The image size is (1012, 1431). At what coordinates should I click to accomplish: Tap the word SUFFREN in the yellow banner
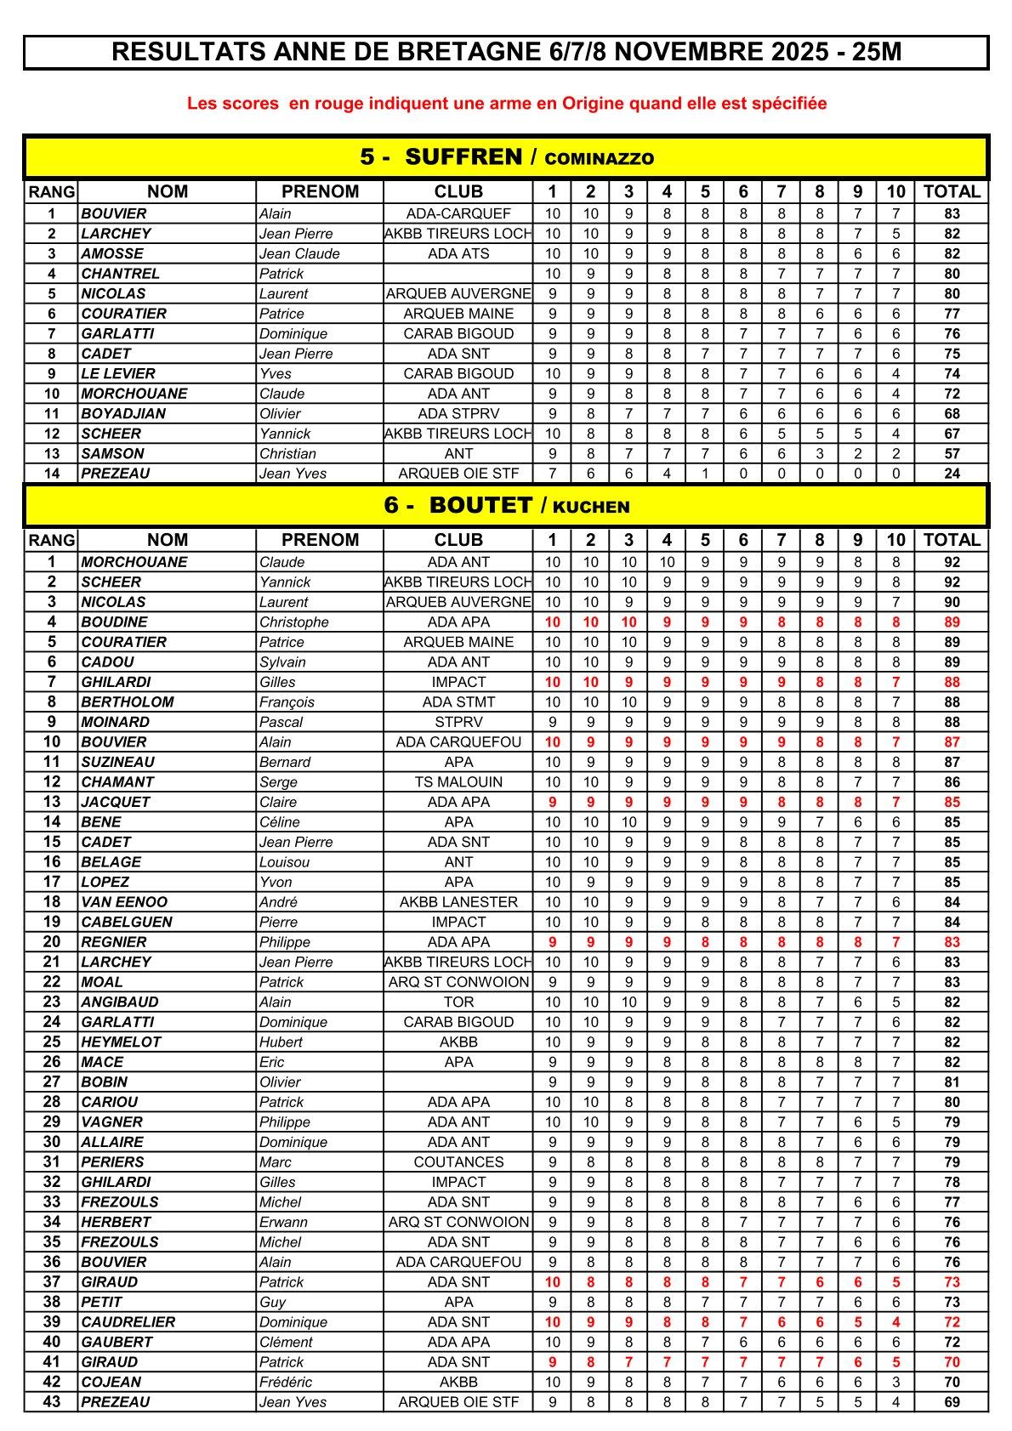point(463,157)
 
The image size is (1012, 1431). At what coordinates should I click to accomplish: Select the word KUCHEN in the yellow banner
point(591,507)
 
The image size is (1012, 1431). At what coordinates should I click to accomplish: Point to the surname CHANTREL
point(112,274)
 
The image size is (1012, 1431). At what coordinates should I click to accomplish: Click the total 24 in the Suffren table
point(952,474)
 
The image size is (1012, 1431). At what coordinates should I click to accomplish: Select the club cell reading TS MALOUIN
point(458,782)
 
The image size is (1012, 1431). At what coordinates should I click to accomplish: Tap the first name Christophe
point(293,622)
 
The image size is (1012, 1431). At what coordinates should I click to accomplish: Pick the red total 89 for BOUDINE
point(952,622)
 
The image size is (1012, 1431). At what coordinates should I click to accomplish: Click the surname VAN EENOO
point(124,902)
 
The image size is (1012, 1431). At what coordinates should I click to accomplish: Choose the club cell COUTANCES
point(458,1162)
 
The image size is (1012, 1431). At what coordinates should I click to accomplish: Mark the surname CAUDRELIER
point(128,1322)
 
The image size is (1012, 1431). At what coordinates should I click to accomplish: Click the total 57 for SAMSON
point(952,454)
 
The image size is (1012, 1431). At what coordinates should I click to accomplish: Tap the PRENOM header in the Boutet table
point(320,540)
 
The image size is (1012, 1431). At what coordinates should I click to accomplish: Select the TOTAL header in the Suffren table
point(952,192)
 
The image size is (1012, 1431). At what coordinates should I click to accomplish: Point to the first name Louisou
point(284,862)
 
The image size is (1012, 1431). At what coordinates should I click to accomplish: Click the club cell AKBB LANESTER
point(458,902)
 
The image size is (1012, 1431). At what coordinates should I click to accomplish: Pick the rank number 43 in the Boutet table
point(52,1402)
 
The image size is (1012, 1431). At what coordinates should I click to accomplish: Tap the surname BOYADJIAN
point(123,414)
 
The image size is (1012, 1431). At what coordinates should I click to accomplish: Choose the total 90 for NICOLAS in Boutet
point(952,602)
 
